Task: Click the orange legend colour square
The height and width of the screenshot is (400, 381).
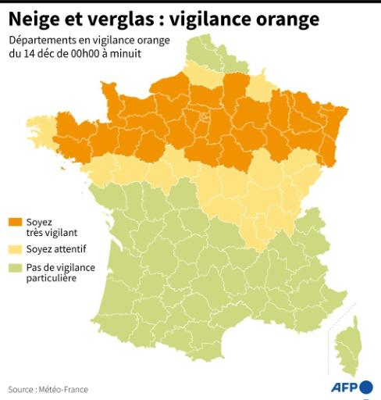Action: (x=16, y=223)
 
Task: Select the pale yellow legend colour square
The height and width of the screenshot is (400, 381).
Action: (x=16, y=249)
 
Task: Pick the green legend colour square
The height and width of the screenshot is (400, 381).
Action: (x=16, y=268)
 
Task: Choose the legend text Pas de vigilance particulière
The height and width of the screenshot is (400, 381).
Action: (x=63, y=273)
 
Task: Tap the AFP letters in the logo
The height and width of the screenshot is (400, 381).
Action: (x=341, y=387)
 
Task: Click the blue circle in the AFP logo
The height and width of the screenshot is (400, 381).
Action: (x=365, y=387)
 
